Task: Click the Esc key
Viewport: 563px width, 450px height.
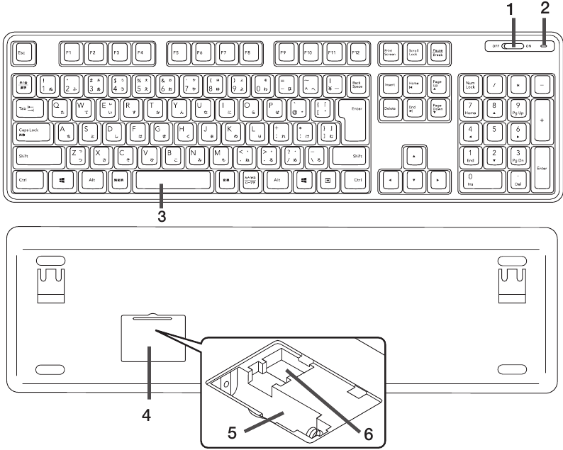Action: tap(23, 53)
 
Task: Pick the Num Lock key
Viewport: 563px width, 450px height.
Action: tap(471, 85)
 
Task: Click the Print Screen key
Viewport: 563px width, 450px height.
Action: tap(389, 53)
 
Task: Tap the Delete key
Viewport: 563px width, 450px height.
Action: tap(389, 108)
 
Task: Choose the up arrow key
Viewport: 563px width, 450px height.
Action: tap(415, 157)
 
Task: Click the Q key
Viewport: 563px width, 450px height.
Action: tap(57, 108)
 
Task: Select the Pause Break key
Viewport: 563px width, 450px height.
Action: tap(439, 53)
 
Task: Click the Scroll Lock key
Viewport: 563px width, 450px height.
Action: tap(414, 53)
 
